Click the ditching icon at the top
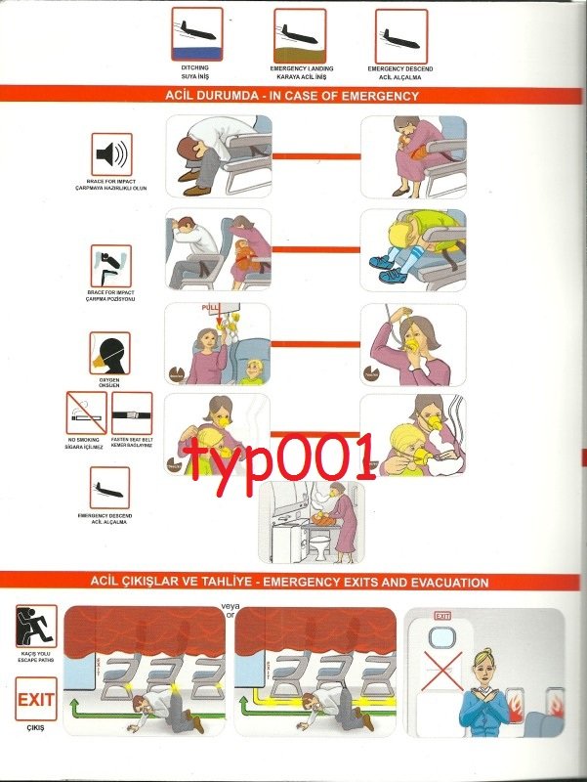[197, 34]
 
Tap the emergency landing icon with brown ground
[301, 34]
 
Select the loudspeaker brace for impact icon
[110, 154]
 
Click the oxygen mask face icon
[109, 352]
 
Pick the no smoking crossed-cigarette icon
[86, 413]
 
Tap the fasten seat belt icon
[132, 413]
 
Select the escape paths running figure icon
[36, 626]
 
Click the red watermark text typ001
[282, 457]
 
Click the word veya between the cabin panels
[231, 606]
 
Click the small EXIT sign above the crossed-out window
[442, 617]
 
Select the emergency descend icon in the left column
[109, 486]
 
